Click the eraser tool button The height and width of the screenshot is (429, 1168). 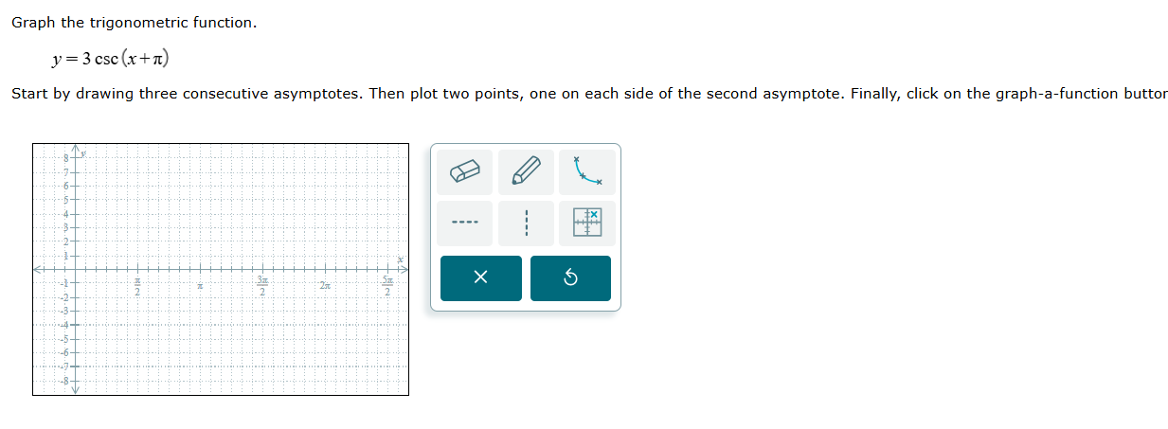[464, 172]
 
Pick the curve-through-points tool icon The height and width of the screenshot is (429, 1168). [587, 171]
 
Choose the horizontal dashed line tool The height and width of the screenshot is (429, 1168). [464, 223]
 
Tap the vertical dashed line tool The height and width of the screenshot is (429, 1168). [526, 223]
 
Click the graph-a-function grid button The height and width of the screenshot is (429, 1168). [587, 223]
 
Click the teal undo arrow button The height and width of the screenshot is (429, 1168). [570, 278]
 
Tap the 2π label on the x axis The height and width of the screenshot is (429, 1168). [325, 285]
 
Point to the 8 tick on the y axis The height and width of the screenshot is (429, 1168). [67, 156]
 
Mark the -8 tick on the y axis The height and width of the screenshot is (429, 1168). [65, 381]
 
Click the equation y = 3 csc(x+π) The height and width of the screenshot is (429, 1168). [111, 59]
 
